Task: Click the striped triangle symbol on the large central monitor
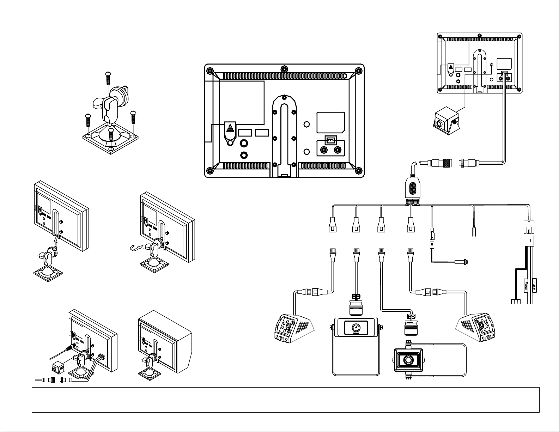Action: (x=230, y=128)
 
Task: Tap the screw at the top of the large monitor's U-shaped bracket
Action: (x=284, y=98)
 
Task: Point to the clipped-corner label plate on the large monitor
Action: (x=330, y=122)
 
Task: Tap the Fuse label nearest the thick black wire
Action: (x=526, y=286)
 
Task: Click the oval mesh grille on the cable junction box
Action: (x=412, y=188)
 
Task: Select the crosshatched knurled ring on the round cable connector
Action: (x=448, y=163)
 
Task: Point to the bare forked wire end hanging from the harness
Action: (x=474, y=231)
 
